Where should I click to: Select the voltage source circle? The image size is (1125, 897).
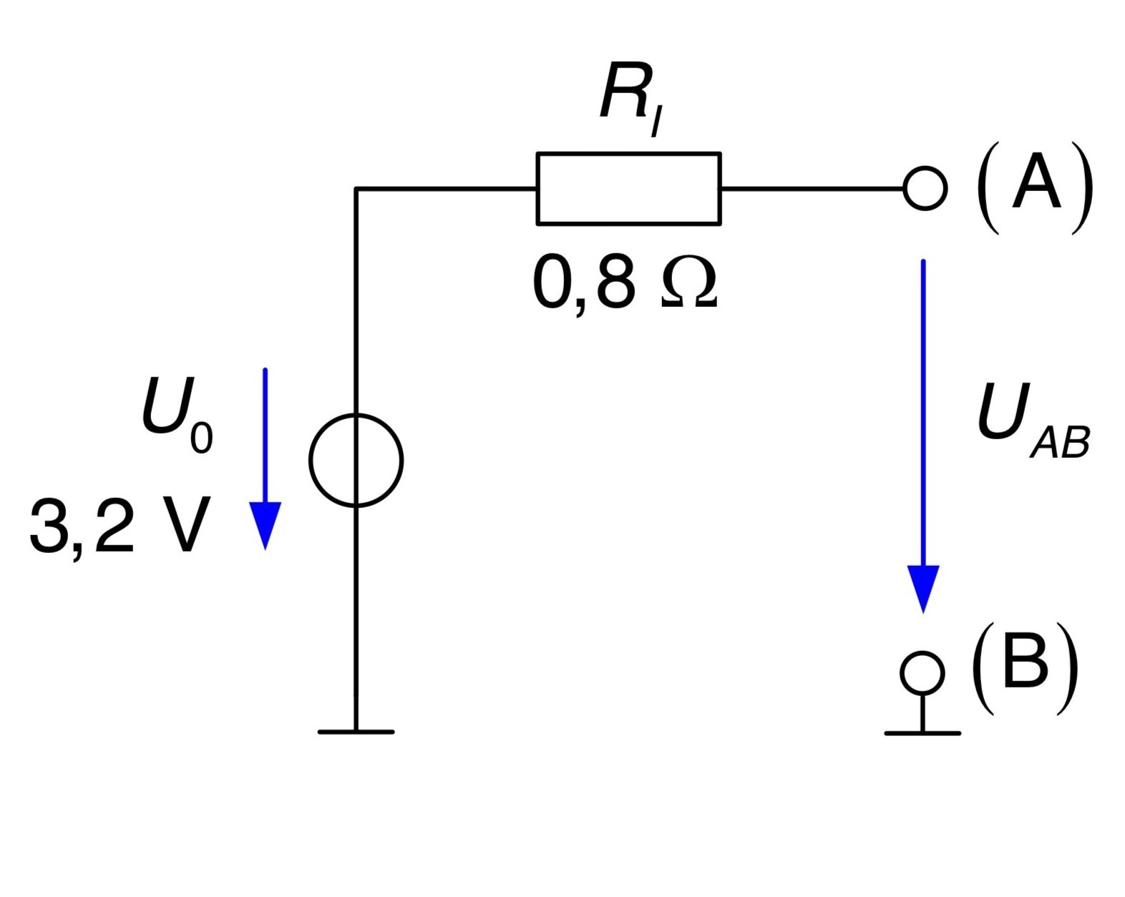click(310, 461)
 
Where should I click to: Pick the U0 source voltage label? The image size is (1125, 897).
click(177, 415)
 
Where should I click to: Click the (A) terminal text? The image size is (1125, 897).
click(1035, 188)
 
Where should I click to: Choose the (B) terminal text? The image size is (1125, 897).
click(1025, 670)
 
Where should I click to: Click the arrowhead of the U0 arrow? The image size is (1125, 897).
click(265, 524)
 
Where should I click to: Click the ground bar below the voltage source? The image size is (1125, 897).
click(356, 732)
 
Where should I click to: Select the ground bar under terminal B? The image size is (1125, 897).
click(922, 733)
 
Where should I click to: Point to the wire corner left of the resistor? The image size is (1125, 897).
click(356, 189)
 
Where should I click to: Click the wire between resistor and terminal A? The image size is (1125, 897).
click(812, 189)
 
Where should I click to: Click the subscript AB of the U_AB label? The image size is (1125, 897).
click(1061, 443)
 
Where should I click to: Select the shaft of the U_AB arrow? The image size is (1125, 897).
click(923, 413)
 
